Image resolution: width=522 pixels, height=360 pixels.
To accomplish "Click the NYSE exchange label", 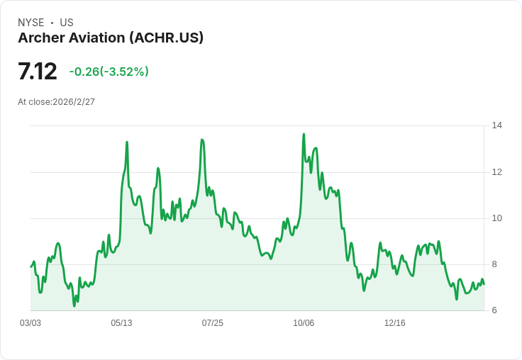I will (x=31, y=23).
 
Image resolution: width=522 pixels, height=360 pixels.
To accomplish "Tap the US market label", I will (x=66, y=23).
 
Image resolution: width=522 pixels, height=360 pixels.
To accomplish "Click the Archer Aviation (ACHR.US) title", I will (x=111, y=38).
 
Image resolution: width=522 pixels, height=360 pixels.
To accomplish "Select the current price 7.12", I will (x=38, y=72).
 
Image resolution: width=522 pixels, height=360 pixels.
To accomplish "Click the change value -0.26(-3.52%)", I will (x=109, y=72).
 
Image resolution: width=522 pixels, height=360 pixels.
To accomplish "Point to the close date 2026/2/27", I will (x=57, y=102).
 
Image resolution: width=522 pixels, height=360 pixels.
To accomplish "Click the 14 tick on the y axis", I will (x=497, y=125).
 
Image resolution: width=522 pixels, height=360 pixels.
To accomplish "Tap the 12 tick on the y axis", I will (x=497, y=172).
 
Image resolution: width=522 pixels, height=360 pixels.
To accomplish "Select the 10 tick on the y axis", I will (x=497, y=218).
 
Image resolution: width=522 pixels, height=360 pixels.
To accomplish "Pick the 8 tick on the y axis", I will (x=497, y=264).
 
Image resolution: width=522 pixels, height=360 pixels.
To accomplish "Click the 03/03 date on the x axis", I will (x=30, y=323).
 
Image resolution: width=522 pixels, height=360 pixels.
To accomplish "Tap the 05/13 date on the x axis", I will (x=121, y=323).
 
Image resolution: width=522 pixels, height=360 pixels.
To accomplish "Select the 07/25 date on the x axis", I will (x=212, y=323).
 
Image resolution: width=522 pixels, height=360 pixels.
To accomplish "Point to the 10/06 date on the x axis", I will (x=304, y=323).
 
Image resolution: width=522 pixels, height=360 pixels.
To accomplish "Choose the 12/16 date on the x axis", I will (x=394, y=323).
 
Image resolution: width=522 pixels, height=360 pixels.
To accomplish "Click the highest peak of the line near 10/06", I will (x=304, y=134).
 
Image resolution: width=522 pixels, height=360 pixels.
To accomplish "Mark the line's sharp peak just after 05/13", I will (x=127, y=142).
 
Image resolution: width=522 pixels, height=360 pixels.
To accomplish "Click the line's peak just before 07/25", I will (x=202, y=140).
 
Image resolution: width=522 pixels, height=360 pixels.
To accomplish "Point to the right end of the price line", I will (x=484, y=283).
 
